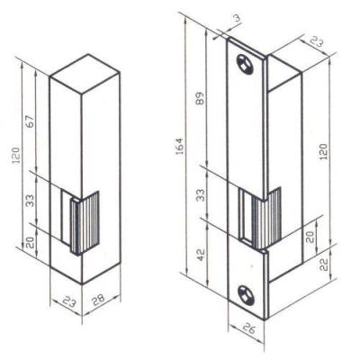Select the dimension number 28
(x=98, y=299)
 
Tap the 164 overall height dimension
(x=179, y=146)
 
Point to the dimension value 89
(x=201, y=98)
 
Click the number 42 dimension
(x=201, y=255)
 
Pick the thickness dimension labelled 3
(x=237, y=18)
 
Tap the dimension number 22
(x=324, y=265)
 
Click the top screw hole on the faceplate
(x=245, y=64)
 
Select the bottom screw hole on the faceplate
(x=246, y=295)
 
